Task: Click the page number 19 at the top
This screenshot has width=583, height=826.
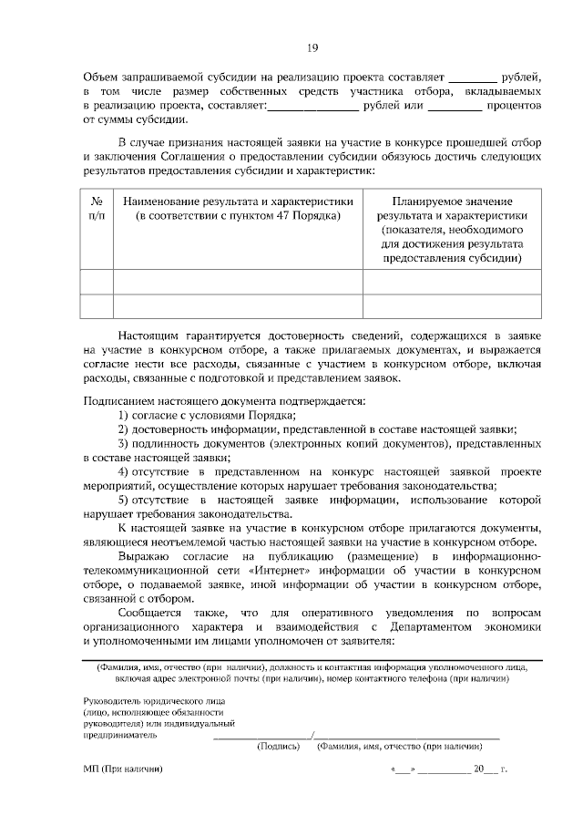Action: click(312, 48)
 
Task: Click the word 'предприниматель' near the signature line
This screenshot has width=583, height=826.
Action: click(119, 733)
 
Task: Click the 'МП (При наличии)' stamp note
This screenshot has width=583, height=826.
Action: click(122, 769)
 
